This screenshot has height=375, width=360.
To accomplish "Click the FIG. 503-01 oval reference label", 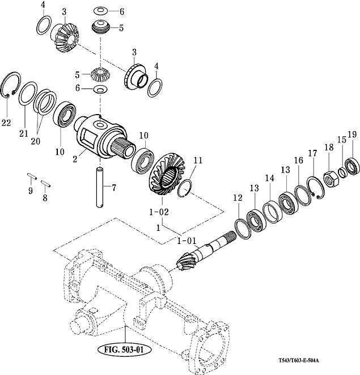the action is click(125, 349).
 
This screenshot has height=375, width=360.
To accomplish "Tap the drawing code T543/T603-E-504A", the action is click(299, 360).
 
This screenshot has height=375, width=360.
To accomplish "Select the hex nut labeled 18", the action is click(331, 179).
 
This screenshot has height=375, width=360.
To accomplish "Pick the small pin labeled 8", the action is click(46, 183).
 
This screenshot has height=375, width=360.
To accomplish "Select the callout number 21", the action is click(24, 133).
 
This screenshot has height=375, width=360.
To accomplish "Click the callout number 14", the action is click(269, 178).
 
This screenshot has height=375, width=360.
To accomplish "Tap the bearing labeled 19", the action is click(353, 166).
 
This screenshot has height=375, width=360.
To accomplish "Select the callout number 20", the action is click(35, 141).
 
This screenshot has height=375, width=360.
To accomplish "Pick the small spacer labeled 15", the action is click(342, 172).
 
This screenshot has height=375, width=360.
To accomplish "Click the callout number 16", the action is click(298, 161).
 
